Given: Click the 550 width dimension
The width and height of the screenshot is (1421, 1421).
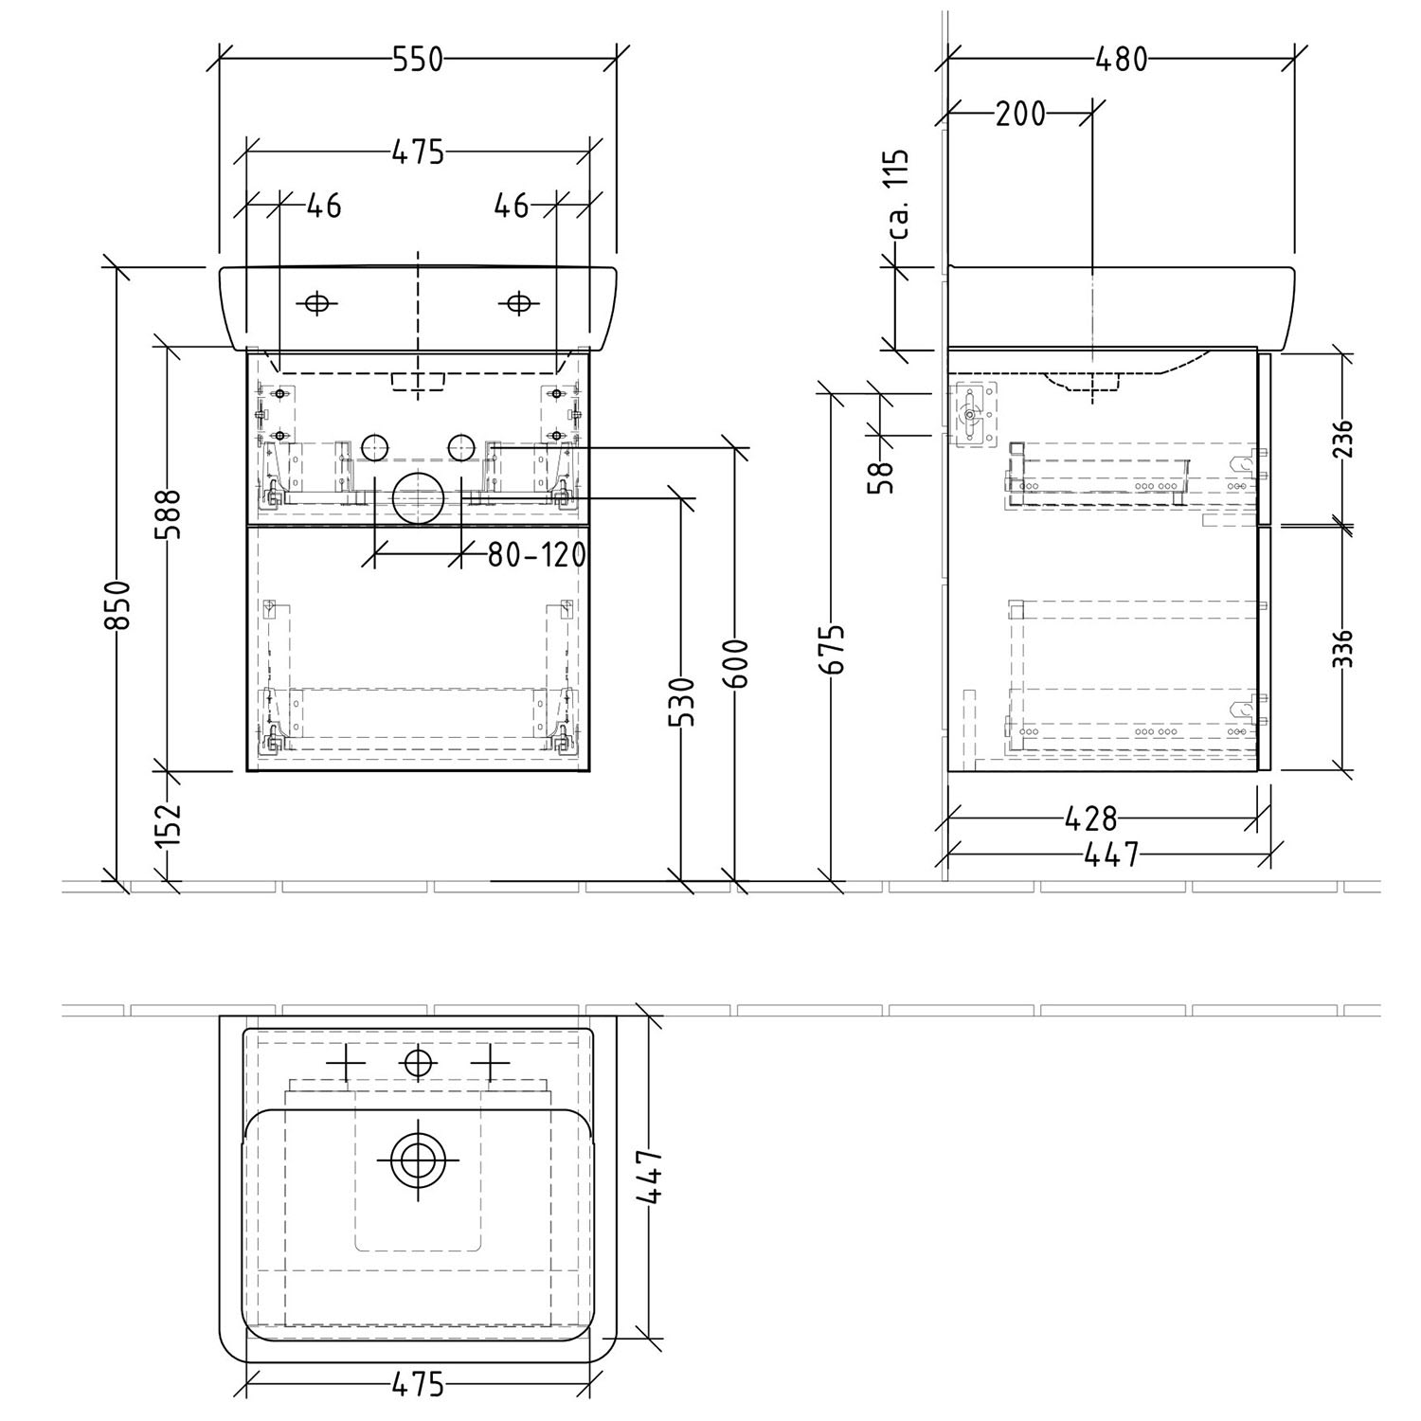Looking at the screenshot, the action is (x=418, y=59).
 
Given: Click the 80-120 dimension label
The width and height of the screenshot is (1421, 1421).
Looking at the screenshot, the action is (x=536, y=555).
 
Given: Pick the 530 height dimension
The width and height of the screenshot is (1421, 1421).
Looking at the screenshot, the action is (x=682, y=702).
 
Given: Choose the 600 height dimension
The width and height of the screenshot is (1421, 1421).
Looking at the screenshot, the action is (x=736, y=664).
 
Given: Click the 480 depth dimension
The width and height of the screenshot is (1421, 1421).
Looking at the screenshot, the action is (x=1122, y=59).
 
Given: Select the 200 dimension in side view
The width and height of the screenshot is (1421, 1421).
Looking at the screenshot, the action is (x=1020, y=114).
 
